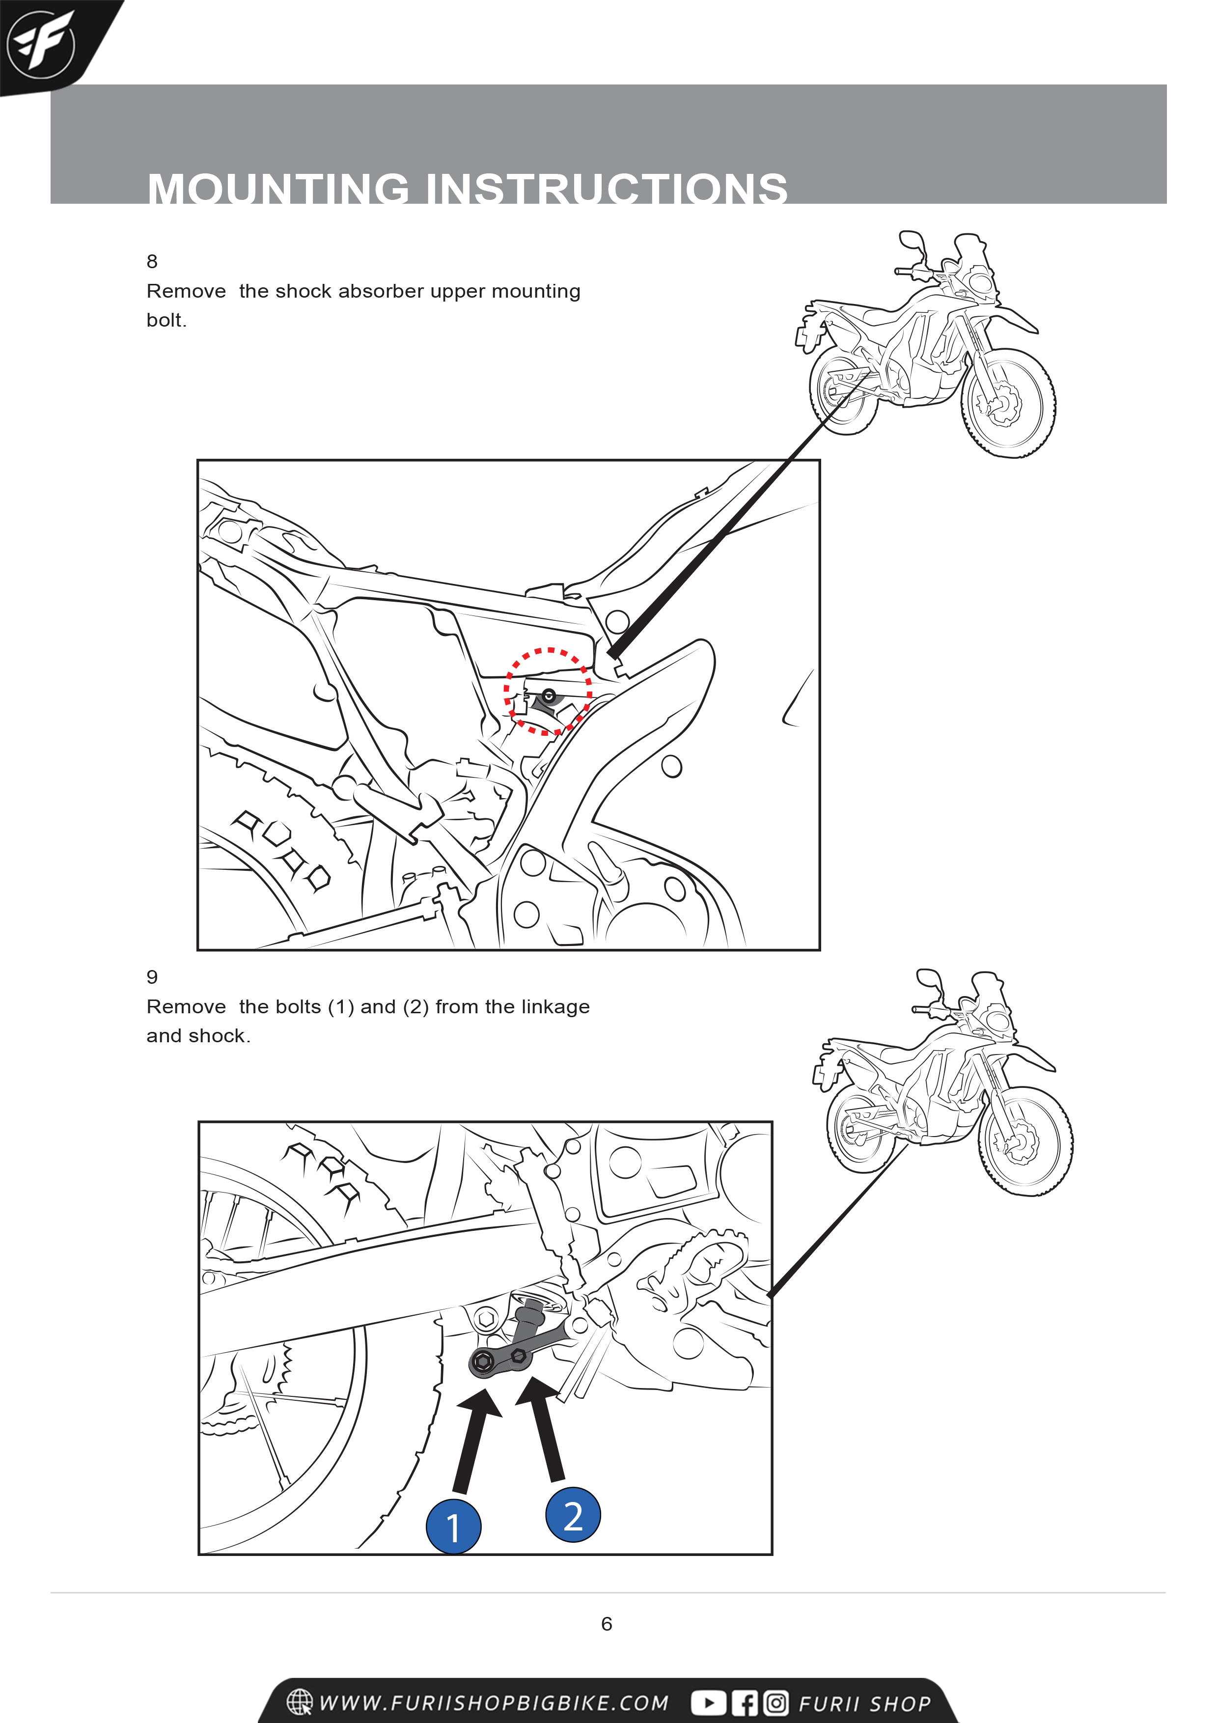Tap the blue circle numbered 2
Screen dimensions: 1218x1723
pyautogui.click(x=573, y=1514)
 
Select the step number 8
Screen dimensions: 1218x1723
pyautogui.click(x=152, y=261)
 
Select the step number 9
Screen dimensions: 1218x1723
pyautogui.click(x=152, y=976)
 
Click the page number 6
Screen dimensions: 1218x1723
pyautogui.click(x=607, y=1623)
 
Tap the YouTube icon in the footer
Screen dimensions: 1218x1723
pyautogui.click(x=708, y=1703)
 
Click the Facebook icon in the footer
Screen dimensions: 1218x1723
pyautogui.click(x=745, y=1703)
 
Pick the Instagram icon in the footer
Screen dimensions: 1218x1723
pyautogui.click(x=776, y=1703)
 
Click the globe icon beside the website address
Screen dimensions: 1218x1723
pyautogui.click(x=300, y=1702)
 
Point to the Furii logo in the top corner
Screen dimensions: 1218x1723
pyautogui.click(x=41, y=44)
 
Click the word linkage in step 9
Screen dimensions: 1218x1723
pyautogui.click(x=555, y=1006)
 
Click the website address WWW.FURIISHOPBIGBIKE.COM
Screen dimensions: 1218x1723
pyautogui.click(x=494, y=1703)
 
